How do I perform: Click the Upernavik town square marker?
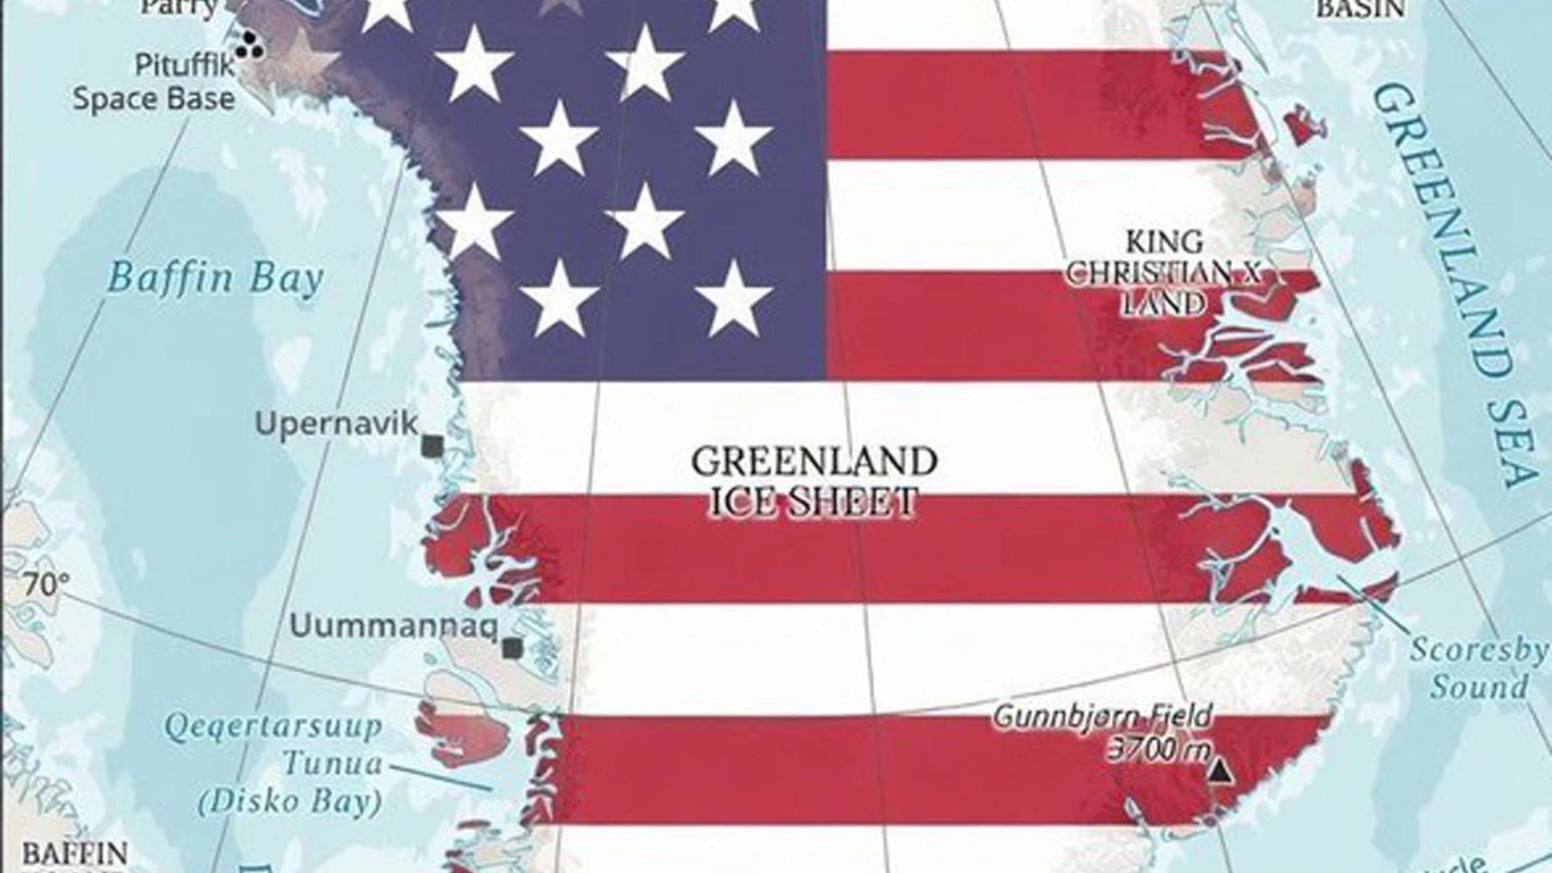[x=432, y=445]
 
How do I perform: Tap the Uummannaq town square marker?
[x=511, y=648]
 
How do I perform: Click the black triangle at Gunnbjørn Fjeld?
[x=1221, y=772]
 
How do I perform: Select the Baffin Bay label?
[x=215, y=278]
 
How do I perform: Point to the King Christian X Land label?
[x=1164, y=272]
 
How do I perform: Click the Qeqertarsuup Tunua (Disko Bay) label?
[x=289, y=764]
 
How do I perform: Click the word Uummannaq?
[x=393, y=625]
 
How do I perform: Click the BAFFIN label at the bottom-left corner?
[x=74, y=854]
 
